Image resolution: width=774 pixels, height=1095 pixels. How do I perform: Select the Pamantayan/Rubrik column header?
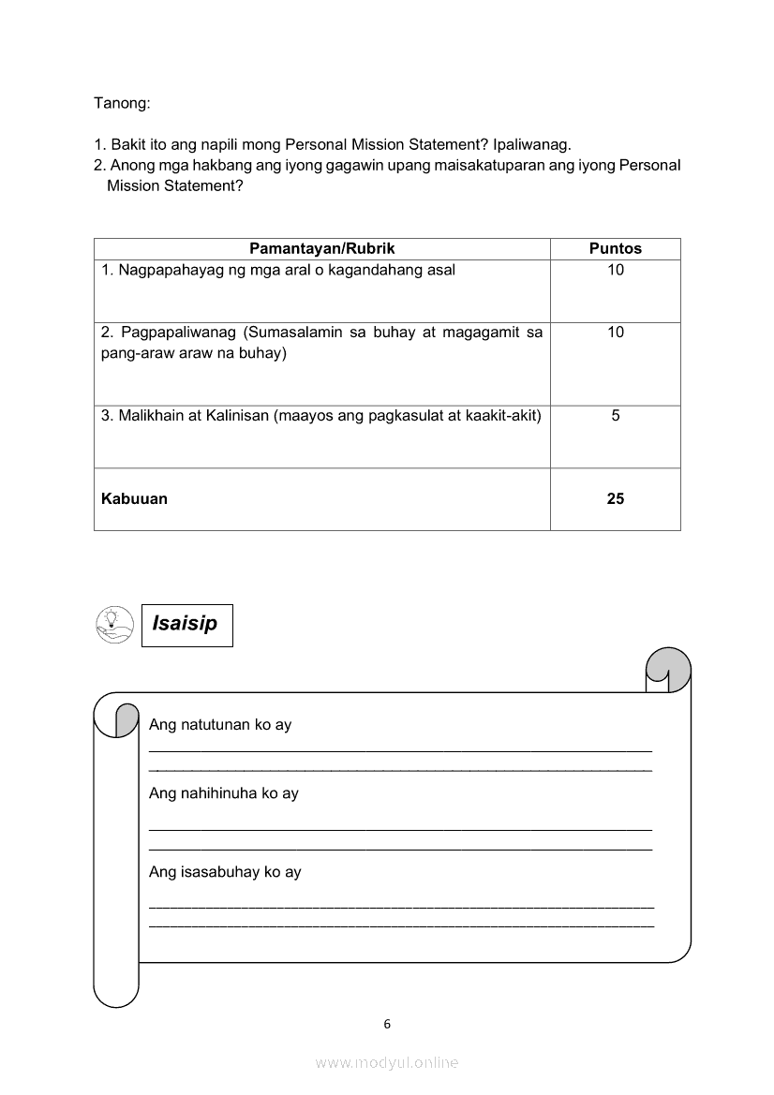321,248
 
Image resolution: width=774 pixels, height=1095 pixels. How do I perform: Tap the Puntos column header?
615,248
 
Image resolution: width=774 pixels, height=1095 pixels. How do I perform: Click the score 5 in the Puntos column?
615,415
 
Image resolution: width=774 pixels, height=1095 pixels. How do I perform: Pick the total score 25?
615,498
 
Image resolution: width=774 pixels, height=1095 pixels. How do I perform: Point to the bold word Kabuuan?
134,498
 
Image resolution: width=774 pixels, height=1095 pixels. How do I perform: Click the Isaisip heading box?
186,624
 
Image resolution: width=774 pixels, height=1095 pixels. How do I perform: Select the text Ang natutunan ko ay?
220,725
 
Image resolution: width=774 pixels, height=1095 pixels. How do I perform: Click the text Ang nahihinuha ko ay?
223,793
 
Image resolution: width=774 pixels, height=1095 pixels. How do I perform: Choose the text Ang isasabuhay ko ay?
225,872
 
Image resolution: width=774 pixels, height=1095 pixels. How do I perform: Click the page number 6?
387,1024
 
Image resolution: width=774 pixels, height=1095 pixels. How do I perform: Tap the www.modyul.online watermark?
387,1062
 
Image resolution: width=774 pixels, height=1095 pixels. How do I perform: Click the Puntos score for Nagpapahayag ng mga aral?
615,270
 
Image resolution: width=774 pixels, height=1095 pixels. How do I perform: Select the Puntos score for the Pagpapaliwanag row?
615,332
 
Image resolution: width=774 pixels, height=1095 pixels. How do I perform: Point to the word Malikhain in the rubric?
151,415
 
